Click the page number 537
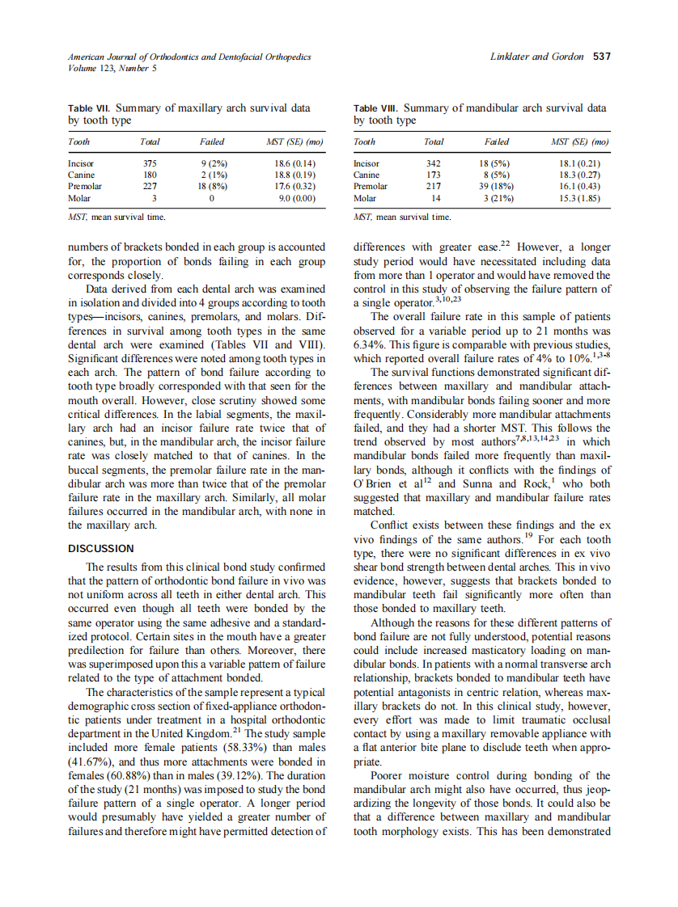coord(601,57)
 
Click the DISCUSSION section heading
coord(101,548)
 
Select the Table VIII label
coord(375,108)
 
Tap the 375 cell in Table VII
coord(149,163)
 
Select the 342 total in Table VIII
coord(434,163)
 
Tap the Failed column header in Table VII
coord(212,141)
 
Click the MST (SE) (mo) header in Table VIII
coord(579,141)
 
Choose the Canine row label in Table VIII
coord(368,175)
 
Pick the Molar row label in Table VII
coord(79,197)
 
